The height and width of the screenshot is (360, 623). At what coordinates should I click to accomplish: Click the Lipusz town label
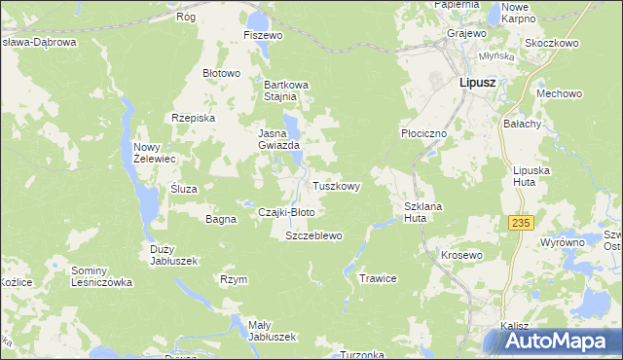pos(477,83)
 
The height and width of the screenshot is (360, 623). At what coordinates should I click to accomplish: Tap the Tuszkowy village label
pos(337,186)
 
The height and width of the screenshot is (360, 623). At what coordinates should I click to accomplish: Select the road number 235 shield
pos(521,223)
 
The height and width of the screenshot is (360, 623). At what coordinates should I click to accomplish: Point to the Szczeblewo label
pos(313,236)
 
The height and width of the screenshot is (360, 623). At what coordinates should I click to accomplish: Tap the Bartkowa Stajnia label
pos(286,90)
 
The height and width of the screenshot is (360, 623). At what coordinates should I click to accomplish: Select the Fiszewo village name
pos(263,35)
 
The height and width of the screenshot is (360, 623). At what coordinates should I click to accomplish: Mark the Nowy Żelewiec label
pos(154,152)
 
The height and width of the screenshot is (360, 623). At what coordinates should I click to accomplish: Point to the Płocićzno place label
pos(423,133)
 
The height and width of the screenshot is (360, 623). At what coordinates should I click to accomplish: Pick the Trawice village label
pos(379,278)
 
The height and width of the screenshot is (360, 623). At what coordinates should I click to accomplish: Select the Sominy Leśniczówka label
pos(102,276)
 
